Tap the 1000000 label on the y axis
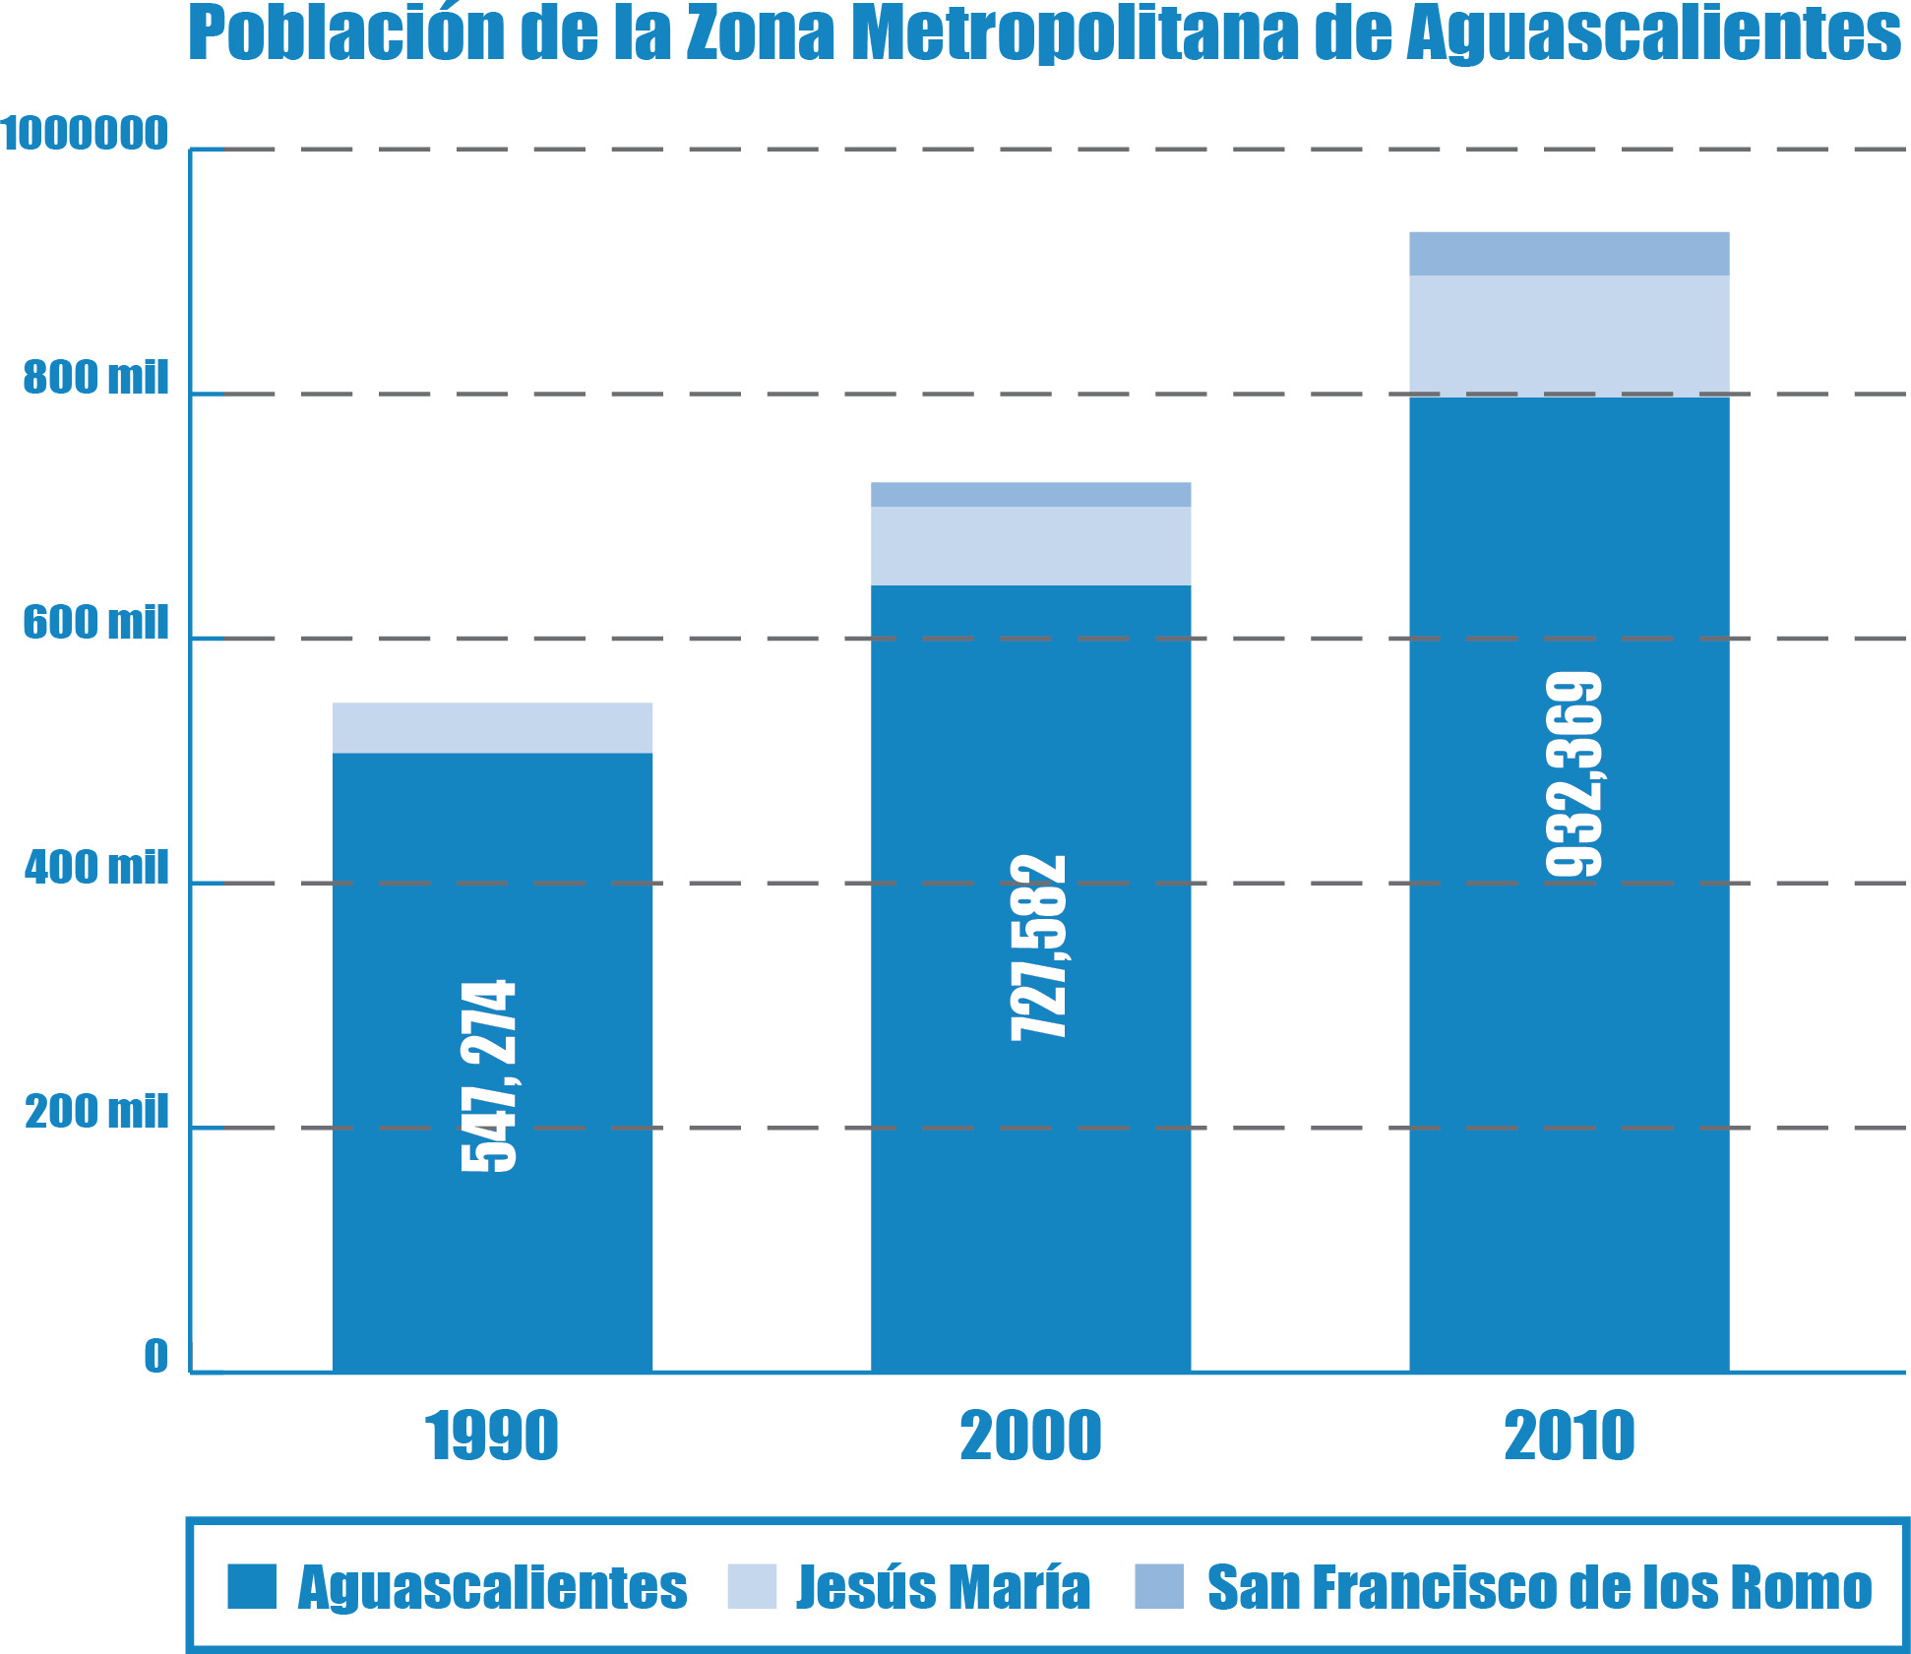[85, 134]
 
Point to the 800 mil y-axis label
[95, 378]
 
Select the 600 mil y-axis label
[95, 623]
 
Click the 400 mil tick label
[96, 868]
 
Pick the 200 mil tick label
[96, 1112]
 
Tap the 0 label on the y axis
[155, 1357]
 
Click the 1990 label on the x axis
[492, 1437]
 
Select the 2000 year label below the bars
[1030, 1437]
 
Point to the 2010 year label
[1570, 1437]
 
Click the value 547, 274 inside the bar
[489, 1075]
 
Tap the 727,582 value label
[1039, 948]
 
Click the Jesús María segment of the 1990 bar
[492, 728]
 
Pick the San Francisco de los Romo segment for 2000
[1030, 495]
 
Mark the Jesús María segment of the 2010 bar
[1570, 336]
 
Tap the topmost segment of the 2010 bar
[1570, 254]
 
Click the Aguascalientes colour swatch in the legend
[252, 1586]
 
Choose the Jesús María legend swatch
[752, 1586]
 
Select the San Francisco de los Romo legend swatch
[1159, 1586]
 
